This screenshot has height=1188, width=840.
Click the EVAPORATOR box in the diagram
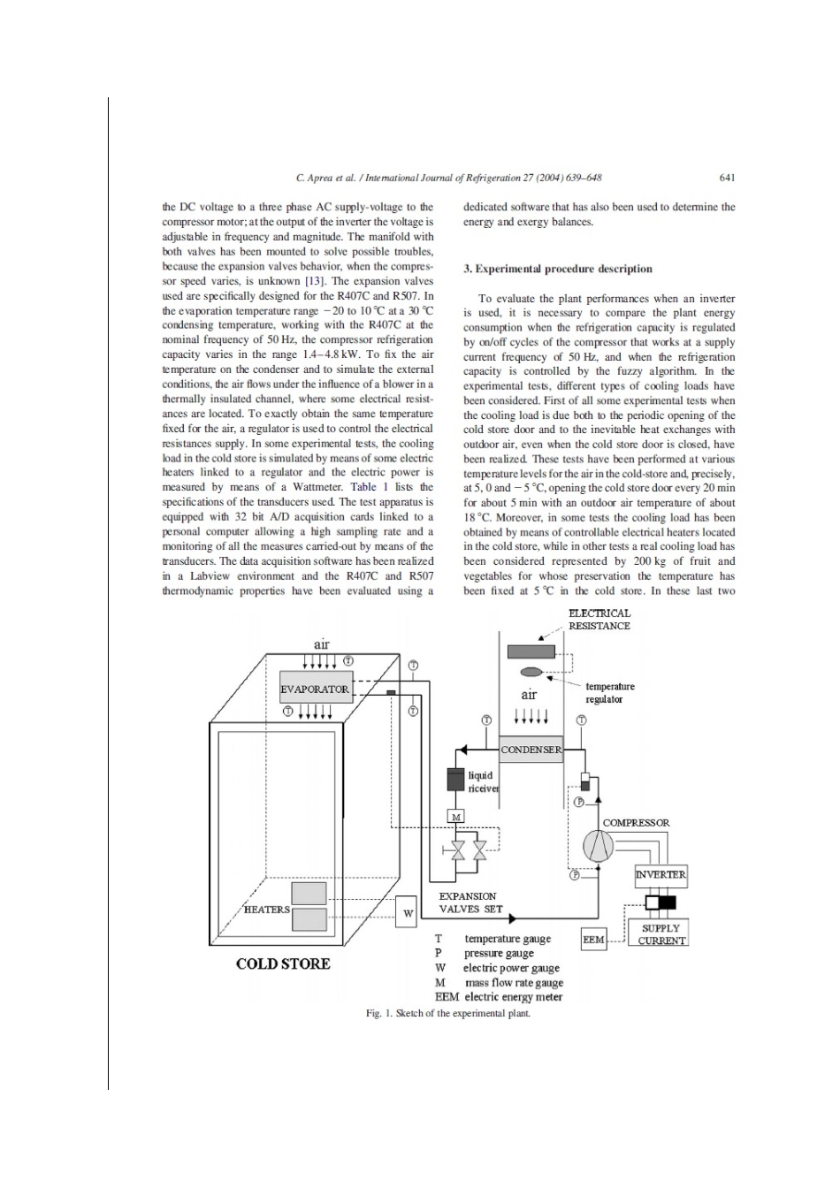click(x=315, y=689)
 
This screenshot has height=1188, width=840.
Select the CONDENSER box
click(x=530, y=750)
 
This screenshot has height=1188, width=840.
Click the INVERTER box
click(x=661, y=874)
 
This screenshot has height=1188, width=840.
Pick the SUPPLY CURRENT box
click(x=661, y=933)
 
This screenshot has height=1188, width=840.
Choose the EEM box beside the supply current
click(x=593, y=940)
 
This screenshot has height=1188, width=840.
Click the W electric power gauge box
click(x=408, y=912)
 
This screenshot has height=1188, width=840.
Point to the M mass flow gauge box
click(x=456, y=816)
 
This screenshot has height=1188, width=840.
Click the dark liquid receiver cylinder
click(x=455, y=779)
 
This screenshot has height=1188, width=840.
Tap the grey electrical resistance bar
click(x=531, y=651)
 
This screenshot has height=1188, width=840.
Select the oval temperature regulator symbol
click(x=531, y=672)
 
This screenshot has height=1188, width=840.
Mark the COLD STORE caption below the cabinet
click(x=283, y=963)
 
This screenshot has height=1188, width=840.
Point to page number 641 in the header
click(x=728, y=178)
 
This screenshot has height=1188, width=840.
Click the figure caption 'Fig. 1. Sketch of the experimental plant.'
click(x=448, y=1013)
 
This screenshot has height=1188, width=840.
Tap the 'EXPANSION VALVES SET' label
click(x=470, y=902)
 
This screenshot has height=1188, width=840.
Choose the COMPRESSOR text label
click(x=636, y=823)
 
